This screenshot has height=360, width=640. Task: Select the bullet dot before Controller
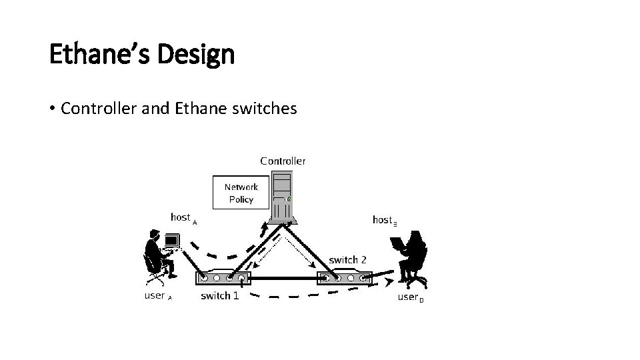pos(53,109)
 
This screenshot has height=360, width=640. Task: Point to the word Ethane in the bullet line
pos(198,108)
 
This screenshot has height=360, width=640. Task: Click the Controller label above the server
pos(283,161)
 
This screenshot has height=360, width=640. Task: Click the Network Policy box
pos(241,193)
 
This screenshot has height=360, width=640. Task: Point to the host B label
pos(385,220)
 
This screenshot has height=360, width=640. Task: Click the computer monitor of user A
pos(171,240)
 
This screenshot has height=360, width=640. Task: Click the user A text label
pos(158,295)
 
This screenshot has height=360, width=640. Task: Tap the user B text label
pos(410,297)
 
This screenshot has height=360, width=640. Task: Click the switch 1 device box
pos(223,279)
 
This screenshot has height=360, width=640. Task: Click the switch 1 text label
pos(219,295)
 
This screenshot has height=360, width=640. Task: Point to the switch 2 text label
pos(347,259)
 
